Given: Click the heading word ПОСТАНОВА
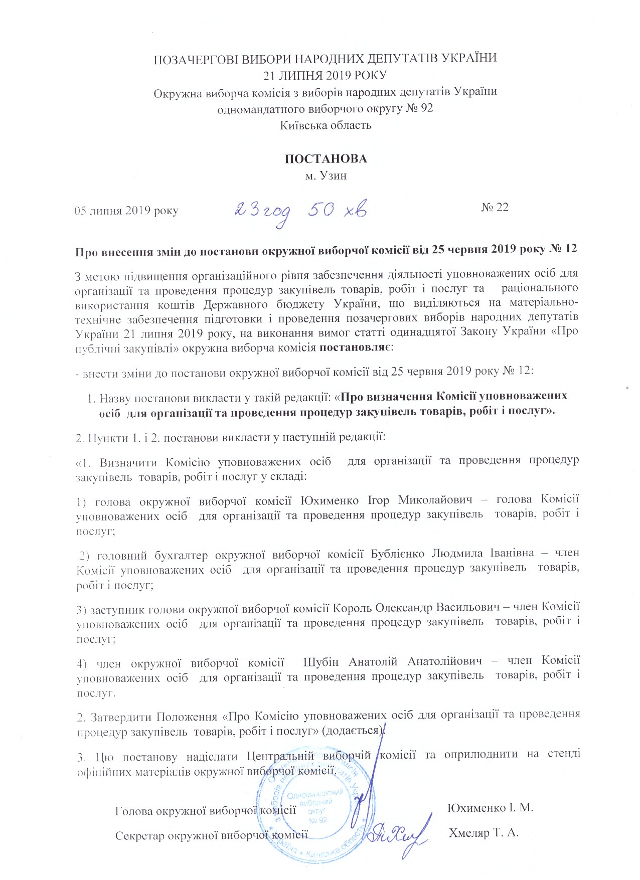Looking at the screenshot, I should tap(326, 159).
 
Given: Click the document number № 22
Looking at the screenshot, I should tap(495, 208).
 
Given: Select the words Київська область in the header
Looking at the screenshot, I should tap(326, 125).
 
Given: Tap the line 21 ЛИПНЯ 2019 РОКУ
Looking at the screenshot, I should tap(326, 75).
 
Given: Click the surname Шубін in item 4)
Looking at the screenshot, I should tap(321, 662).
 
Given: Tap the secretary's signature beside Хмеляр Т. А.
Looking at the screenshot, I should tap(401, 832).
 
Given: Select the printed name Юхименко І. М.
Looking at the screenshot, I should tap(490, 808).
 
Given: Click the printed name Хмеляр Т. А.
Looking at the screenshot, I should tap(484, 833).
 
